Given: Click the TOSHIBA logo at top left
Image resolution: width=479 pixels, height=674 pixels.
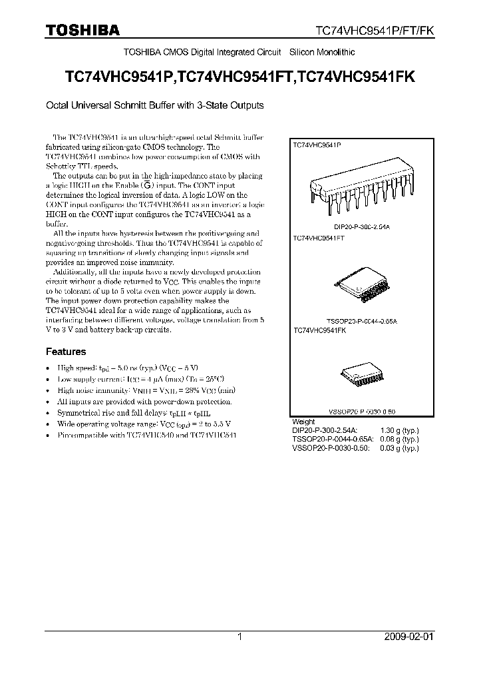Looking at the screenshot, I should (x=82, y=31).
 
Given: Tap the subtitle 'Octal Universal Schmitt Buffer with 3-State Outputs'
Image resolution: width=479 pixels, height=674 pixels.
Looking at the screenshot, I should (x=154, y=105).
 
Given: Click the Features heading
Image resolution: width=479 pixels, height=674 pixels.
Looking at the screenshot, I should (x=65, y=352).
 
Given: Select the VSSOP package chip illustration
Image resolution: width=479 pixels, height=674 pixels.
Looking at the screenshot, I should (x=359, y=376).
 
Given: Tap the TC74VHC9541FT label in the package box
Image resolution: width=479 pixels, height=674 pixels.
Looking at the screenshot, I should (x=318, y=238).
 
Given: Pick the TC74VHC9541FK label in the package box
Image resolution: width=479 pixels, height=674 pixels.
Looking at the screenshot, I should (x=319, y=330).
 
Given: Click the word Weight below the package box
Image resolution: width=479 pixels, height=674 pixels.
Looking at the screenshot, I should (x=304, y=422).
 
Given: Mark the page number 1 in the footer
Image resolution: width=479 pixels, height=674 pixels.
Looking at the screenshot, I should (x=239, y=637).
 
